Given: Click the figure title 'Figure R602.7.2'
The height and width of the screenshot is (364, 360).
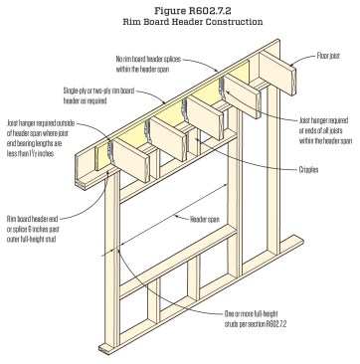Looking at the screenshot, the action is [193, 11].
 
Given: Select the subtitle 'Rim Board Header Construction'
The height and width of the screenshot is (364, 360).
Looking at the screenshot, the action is [193, 22].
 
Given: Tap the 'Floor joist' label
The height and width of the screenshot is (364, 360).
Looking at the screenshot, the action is [328, 56].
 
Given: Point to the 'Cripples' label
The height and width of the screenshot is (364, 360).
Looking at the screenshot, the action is [308, 170].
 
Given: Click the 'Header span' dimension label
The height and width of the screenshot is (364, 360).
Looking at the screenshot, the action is [204, 219].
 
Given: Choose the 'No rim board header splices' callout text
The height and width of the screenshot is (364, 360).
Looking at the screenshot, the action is [148, 60].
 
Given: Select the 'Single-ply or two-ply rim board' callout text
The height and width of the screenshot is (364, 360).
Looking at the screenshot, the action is [98, 91].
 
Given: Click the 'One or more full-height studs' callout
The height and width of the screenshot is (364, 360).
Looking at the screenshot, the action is [256, 319].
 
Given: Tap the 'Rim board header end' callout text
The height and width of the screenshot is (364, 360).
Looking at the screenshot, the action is [32, 219].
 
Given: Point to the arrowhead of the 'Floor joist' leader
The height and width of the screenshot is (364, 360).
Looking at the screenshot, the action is [291, 65].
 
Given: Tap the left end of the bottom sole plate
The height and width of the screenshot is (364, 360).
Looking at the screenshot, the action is [101, 348].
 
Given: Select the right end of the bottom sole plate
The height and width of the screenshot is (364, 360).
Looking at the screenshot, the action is [301, 241].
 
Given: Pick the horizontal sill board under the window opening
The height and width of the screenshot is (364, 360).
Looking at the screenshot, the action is [178, 261].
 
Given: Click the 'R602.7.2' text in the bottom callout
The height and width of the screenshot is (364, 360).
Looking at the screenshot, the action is [275, 323].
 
